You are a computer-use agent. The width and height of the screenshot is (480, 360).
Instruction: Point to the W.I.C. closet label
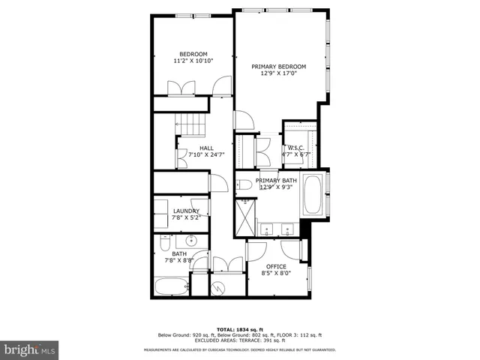pos(295,148)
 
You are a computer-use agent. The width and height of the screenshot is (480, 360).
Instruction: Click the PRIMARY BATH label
pos(276,181)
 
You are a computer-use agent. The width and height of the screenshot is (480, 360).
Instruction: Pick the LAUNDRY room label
pos(186,211)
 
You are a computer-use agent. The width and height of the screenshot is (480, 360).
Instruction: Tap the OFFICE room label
pos(276,266)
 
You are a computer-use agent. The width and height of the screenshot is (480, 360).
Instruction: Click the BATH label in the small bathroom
pos(179,253)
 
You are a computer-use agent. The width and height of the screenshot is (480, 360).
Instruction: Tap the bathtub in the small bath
pos(170,287)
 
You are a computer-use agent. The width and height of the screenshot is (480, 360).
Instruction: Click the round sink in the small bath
pos(190,241)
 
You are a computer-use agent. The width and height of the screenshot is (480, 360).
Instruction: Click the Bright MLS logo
pos(30,349)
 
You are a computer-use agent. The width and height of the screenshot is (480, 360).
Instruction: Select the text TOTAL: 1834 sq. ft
pos(239,329)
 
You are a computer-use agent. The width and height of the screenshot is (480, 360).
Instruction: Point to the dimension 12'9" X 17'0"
pos(279,73)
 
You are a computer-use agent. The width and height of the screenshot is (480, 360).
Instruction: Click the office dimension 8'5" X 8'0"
pos(276,273)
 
